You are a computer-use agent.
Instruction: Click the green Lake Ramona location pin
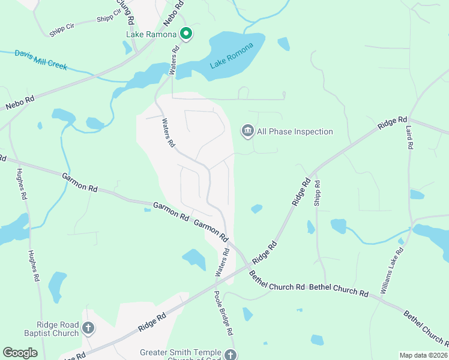coord(186,34)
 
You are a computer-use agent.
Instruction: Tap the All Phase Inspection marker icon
coord(247,131)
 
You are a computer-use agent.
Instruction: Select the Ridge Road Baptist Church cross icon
coord(88,328)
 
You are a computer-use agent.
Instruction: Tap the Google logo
coord(20,353)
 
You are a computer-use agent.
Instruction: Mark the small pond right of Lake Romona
coord(283,44)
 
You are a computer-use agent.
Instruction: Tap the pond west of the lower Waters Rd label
coord(194,259)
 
